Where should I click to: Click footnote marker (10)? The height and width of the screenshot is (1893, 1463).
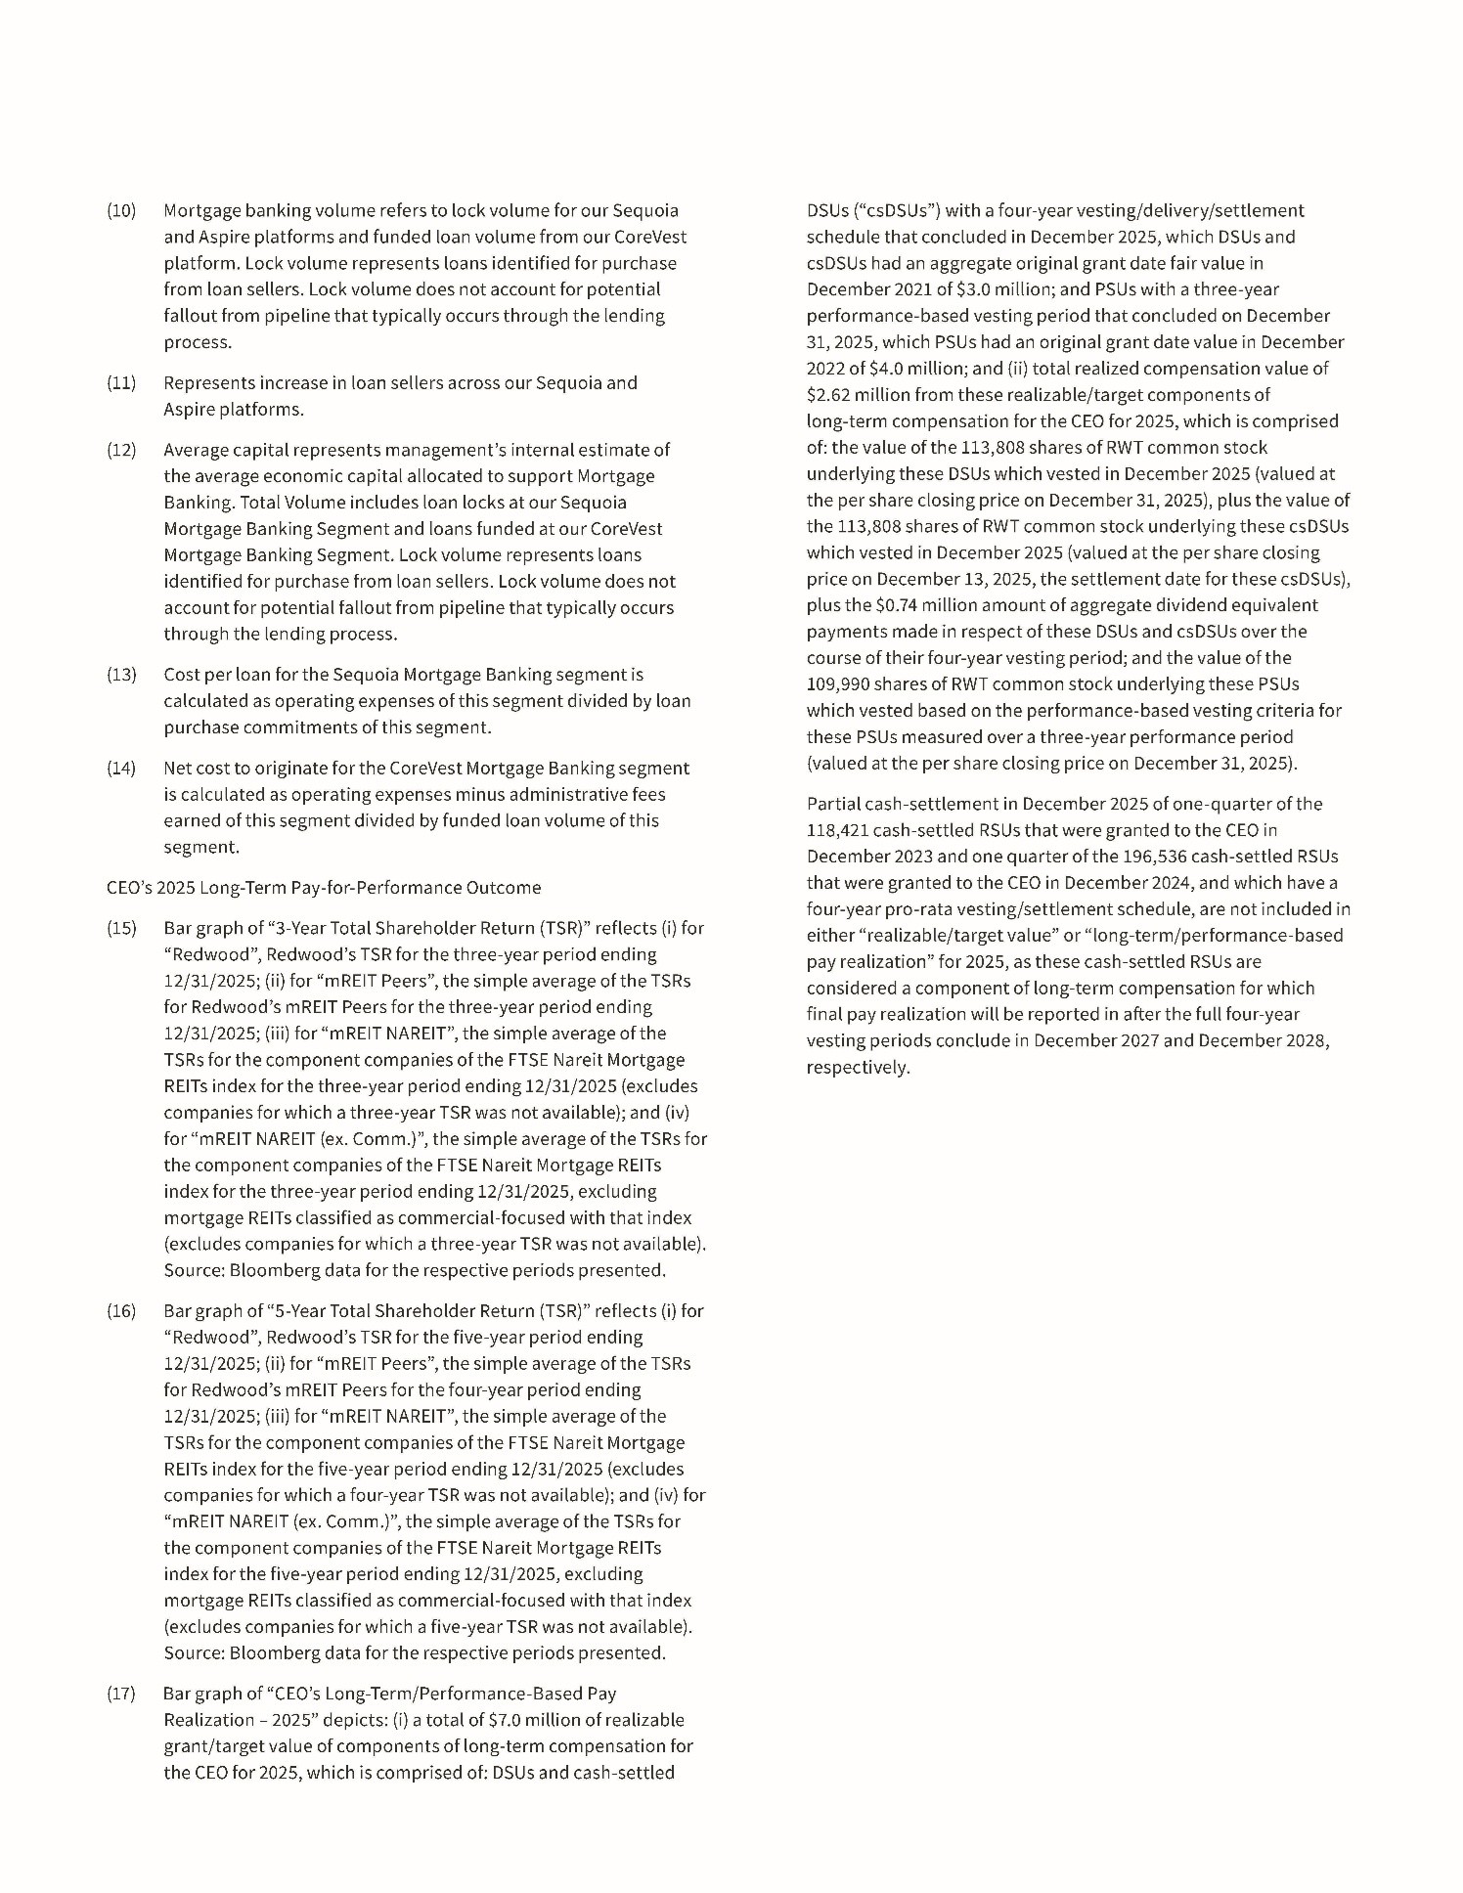(121, 211)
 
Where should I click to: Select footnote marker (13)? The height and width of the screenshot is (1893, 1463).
(121, 675)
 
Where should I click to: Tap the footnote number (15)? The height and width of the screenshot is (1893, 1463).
(121, 928)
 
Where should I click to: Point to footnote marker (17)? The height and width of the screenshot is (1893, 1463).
(121, 1694)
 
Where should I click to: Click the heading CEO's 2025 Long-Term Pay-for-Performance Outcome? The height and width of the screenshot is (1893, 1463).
(323, 888)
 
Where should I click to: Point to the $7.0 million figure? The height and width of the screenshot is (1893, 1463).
(542, 1720)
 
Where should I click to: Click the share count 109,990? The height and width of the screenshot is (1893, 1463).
(842, 684)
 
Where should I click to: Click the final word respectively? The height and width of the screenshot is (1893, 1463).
(858, 1067)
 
